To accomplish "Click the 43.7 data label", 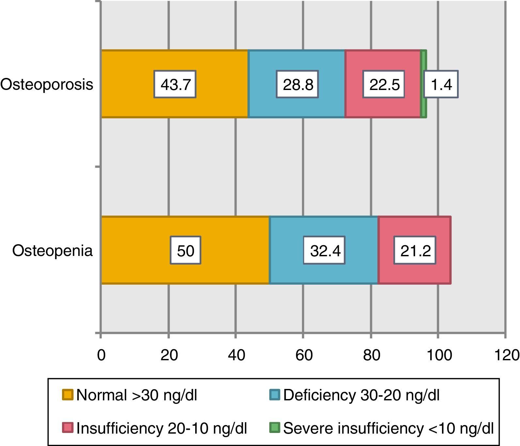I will click(x=175, y=84).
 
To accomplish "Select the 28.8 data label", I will click(x=297, y=84).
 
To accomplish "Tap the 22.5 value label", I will click(x=384, y=84).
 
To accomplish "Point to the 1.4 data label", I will click(x=441, y=84).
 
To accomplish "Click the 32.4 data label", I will click(x=324, y=250).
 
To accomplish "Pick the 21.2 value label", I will click(x=415, y=250).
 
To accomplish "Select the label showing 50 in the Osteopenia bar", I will click(x=185, y=250).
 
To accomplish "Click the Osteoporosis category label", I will click(x=47, y=84).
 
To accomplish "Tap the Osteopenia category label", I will click(x=52, y=250).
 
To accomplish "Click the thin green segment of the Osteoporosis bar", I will click(x=423, y=104).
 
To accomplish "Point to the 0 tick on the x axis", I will click(x=101, y=355).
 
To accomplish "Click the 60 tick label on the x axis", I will click(x=304, y=355).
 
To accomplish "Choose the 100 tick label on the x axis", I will click(x=439, y=355).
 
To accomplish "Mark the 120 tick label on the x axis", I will click(x=507, y=355).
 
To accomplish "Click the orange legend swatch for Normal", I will click(x=68, y=395).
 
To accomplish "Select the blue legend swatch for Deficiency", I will click(x=275, y=395).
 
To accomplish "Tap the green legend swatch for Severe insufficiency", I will click(x=275, y=427).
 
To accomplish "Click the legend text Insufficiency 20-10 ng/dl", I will click(x=162, y=428).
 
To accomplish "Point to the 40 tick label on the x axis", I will click(x=236, y=355).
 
